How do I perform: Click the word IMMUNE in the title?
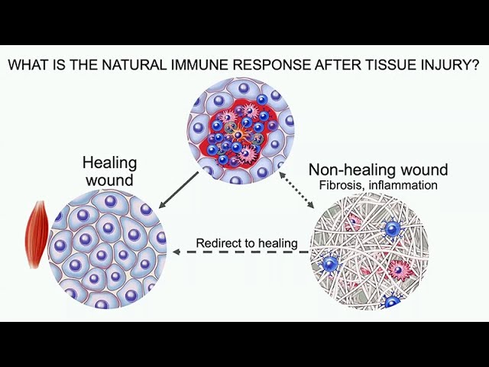click(x=199, y=64)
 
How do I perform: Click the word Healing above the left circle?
click(x=110, y=164)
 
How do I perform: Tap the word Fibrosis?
click(x=342, y=185)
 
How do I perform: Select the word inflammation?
click(x=403, y=185)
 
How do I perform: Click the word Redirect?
click(x=215, y=243)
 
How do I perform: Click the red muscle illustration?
click(x=37, y=234)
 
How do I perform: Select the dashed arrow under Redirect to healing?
click(x=241, y=252)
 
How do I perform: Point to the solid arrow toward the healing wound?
click(x=179, y=190)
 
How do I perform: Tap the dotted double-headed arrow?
click(x=296, y=190)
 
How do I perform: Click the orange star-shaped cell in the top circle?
click(x=238, y=135)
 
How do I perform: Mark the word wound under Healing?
click(x=110, y=180)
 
